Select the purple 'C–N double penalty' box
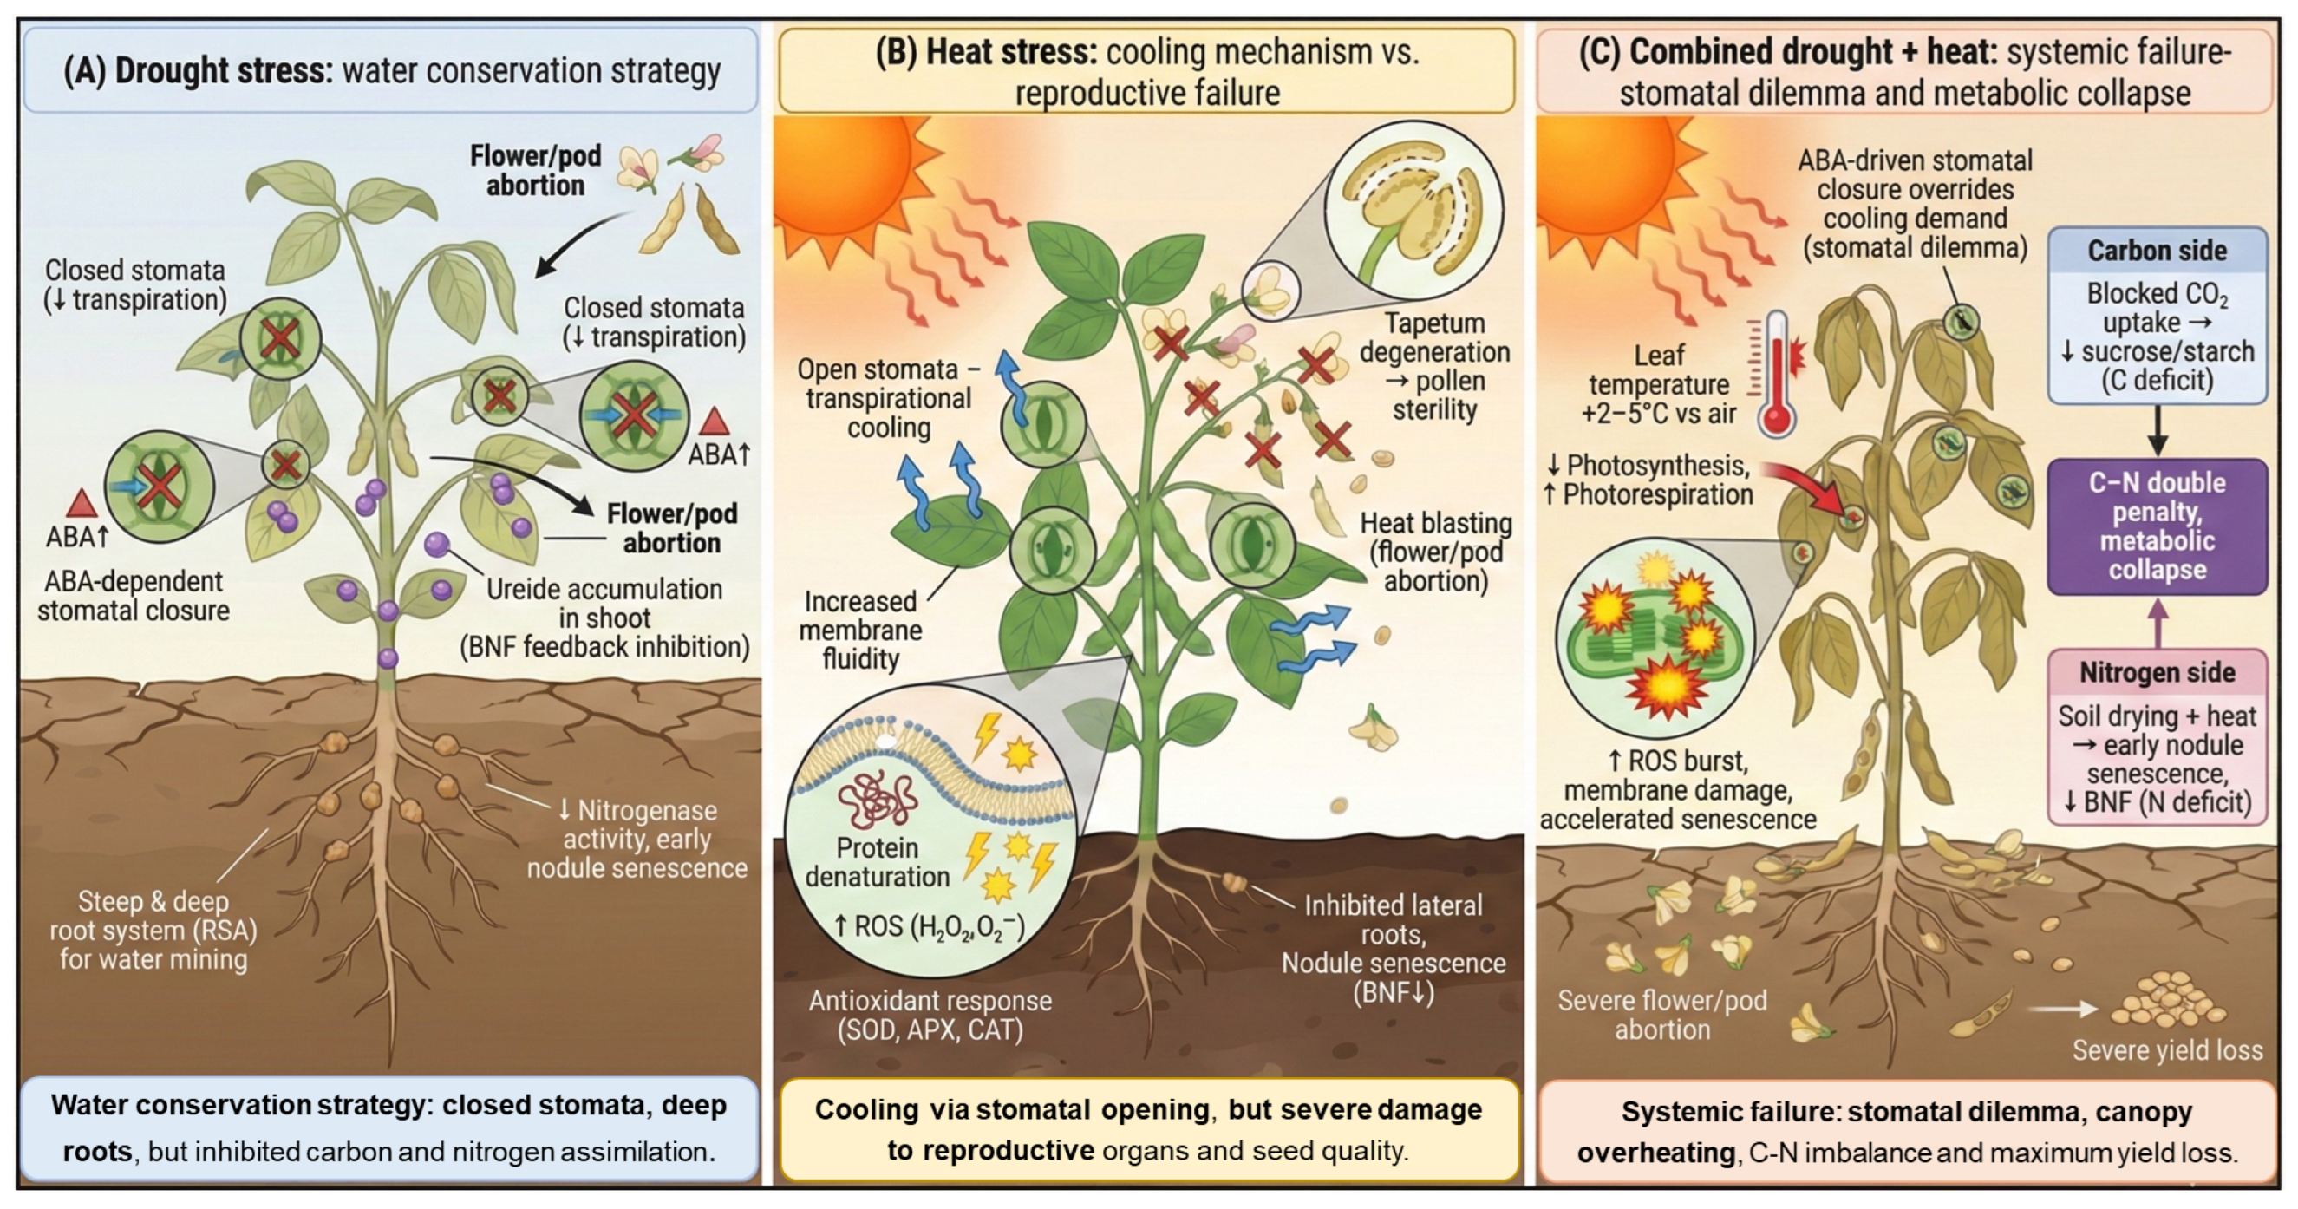2156,526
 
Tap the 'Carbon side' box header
2156,251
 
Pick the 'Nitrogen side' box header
2156,673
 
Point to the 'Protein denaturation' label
877,862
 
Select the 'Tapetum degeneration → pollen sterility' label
1433,366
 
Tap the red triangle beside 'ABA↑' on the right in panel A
715,421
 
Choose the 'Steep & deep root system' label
153,930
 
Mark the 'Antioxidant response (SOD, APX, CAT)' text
930,1015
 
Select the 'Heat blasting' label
1434,552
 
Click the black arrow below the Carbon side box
2156,431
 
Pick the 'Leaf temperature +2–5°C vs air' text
1658,384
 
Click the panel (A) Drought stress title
391,70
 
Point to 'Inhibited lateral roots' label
1393,919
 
